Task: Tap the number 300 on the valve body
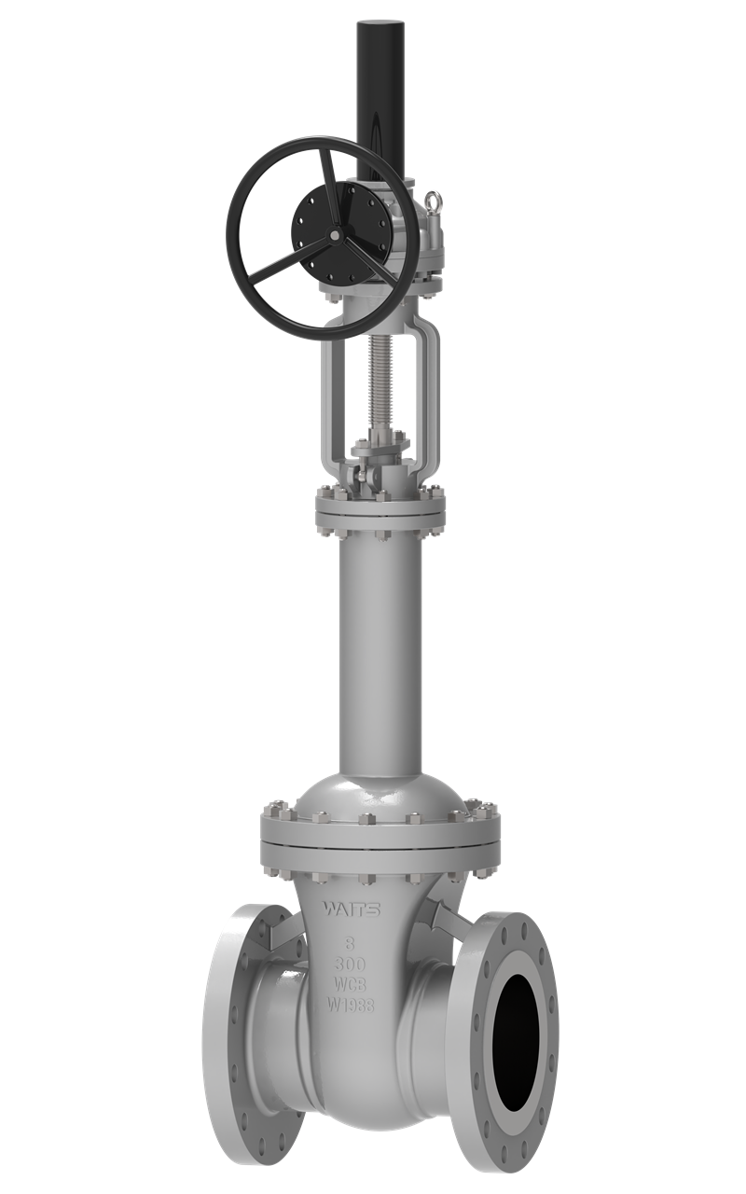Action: pyautogui.click(x=351, y=965)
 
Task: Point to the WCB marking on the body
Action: pyautogui.click(x=351, y=984)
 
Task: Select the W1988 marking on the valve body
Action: pyautogui.click(x=351, y=1005)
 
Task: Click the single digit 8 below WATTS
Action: pyautogui.click(x=351, y=944)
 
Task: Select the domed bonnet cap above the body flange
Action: pyautogui.click(x=380, y=793)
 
